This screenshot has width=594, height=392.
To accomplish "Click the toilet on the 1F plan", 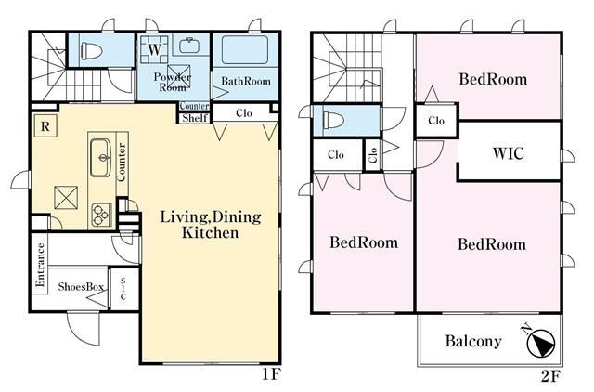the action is [x=91, y=50].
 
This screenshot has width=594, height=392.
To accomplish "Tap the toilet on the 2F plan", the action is [x=333, y=120].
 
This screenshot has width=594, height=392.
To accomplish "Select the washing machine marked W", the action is [x=154, y=49].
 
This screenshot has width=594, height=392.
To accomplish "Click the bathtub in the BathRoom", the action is [x=245, y=49].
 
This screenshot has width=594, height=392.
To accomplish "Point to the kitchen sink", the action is [x=100, y=158].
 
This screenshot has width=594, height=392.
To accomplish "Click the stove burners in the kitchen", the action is [x=101, y=215].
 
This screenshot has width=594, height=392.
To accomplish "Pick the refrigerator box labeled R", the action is [x=45, y=126].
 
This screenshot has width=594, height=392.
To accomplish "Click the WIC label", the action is [x=508, y=153].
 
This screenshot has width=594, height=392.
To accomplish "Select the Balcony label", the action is [x=473, y=341].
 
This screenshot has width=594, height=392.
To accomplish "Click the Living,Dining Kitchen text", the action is [x=211, y=225].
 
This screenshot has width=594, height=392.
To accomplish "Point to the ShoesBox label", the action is [x=81, y=287].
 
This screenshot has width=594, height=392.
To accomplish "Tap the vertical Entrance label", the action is [x=40, y=265].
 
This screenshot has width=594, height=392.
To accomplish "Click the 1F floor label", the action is [x=271, y=375].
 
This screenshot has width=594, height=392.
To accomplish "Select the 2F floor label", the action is [x=550, y=376].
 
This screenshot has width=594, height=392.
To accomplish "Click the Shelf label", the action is [x=195, y=118].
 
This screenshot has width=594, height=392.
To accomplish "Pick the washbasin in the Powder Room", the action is [x=187, y=46].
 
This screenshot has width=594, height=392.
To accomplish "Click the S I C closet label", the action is [x=123, y=289].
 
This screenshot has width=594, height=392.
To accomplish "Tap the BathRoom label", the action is [x=246, y=81].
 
